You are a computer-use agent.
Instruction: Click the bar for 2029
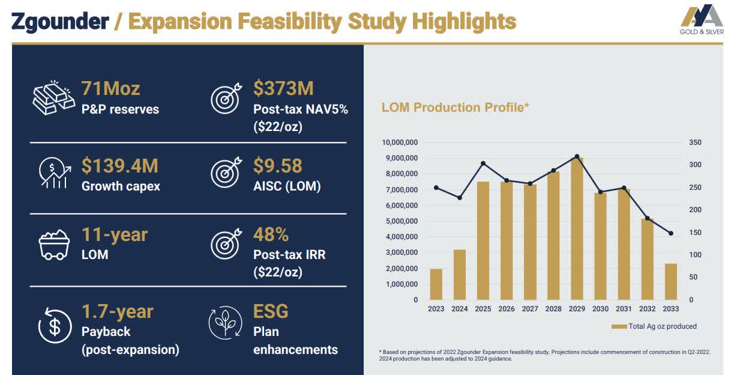coord(576,228)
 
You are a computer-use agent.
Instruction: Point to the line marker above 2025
coord(483,163)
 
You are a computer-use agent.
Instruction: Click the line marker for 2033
coord(670,233)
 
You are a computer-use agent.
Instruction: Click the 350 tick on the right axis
coord(694,142)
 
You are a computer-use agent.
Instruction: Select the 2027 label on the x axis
coord(529,309)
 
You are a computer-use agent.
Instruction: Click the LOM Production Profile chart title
coord(455,108)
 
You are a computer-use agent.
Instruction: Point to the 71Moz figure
coord(110,89)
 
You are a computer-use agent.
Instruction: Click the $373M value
coord(283,89)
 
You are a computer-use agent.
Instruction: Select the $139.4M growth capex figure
coord(120,166)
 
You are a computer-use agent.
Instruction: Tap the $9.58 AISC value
coord(277,166)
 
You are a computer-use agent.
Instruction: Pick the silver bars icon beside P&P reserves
coord(53,97)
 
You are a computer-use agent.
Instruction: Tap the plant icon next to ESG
coord(226,324)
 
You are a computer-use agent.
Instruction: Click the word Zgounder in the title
coord(60,22)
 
